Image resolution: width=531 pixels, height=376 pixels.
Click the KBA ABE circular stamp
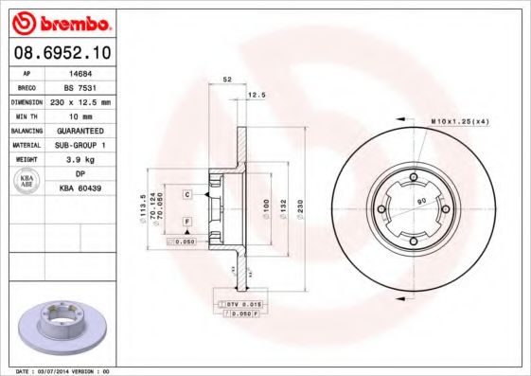point(27,183)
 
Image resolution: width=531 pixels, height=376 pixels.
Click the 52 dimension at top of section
point(227,79)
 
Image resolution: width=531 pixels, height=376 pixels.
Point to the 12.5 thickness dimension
point(256,95)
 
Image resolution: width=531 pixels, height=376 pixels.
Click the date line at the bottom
point(58,371)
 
